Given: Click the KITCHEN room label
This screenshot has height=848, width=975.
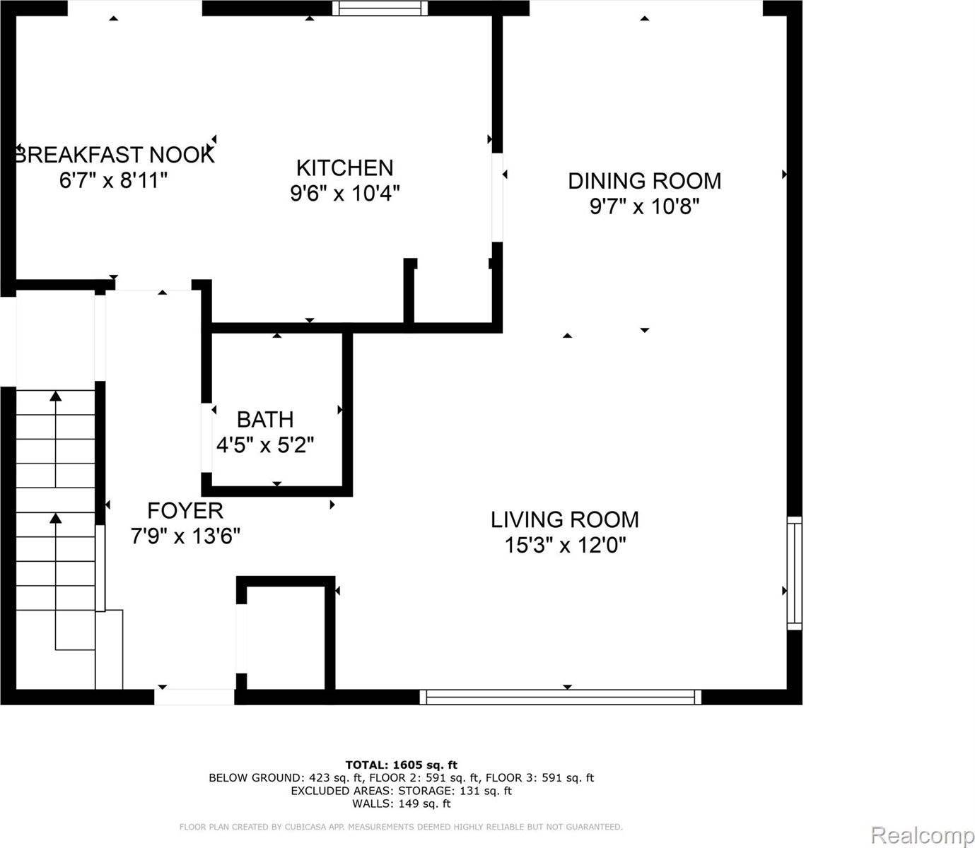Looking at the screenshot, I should [x=344, y=167].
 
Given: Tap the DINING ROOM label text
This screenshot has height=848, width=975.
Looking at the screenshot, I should [x=644, y=181].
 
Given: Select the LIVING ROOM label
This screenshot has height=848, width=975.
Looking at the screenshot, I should [x=564, y=520].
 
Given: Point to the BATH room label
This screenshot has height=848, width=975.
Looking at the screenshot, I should [x=265, y=420].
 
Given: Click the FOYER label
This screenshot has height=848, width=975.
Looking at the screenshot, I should [x=185, y=510].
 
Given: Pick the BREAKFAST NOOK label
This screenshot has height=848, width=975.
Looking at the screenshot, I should [x=115, y=155].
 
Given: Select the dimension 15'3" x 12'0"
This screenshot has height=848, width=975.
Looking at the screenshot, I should [x=566, y=546].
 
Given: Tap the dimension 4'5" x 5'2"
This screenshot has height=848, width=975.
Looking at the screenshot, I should [x=265, y=445].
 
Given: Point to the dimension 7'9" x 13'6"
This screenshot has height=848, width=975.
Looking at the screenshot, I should [x=185, y=536].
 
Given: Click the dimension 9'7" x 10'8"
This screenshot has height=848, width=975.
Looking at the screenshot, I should [x=644, y=207].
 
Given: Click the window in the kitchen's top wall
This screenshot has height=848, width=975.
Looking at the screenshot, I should [x=381, y=8].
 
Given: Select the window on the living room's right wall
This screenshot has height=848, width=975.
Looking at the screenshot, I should [x=795, y=573].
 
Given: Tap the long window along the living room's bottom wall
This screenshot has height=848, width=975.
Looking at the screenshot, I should [x=561, y=697].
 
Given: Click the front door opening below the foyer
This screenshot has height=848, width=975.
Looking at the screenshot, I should [x=194, y=697].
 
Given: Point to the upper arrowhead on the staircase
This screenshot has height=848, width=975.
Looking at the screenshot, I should [x=55, y=397].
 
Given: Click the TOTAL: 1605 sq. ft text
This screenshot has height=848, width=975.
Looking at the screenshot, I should [x=401, y=765].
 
